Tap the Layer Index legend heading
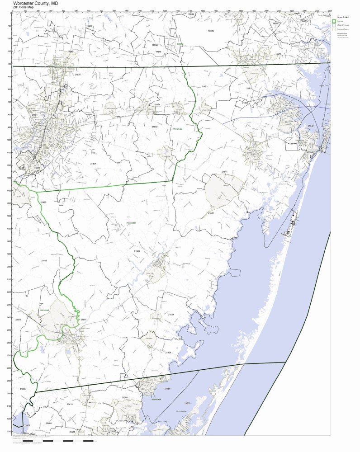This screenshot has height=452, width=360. click(343, 17)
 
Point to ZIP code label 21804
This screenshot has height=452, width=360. click(93, 163)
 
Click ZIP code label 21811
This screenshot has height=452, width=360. click(224, 172)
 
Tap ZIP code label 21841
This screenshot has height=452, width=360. click(211, 213)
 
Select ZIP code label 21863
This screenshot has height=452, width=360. click(137, 251)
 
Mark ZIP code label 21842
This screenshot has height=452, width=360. click(310, 126)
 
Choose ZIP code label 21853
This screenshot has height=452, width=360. click(44, 261)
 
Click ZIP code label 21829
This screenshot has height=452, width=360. click(171, 314)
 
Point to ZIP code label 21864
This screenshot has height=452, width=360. click(168, 352)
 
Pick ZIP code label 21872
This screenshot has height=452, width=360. click(204, 86)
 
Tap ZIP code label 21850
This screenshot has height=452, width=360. click(154, 127)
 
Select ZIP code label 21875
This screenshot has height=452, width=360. click(77, 74)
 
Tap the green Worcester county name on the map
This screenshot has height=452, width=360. click(131, 223)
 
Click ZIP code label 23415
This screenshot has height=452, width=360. click(70, 404)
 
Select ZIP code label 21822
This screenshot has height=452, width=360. click(43, 202)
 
